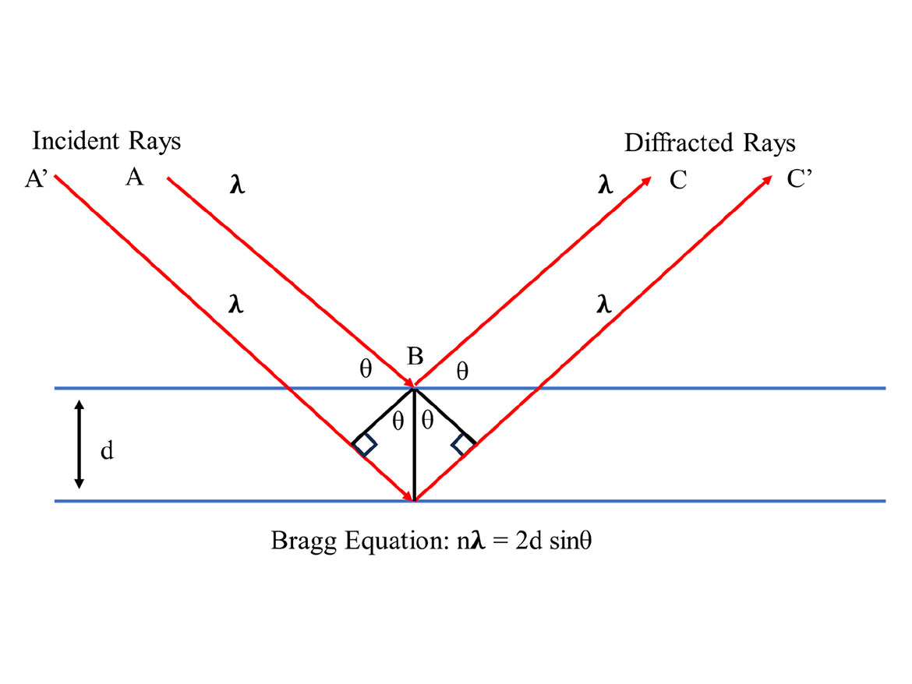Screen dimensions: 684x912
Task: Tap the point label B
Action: coord(415,358)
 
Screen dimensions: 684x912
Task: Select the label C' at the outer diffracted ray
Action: coord(799,179)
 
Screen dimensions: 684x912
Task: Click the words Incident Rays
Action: coord(106,141)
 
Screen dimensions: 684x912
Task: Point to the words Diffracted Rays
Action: coord(709,143)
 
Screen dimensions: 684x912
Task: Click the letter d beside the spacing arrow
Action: coord(107,450)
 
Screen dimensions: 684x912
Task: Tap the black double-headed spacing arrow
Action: coord(79,445)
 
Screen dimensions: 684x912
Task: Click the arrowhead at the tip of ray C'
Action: coord(766,181)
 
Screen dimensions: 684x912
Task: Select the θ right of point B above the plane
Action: coord(462,372)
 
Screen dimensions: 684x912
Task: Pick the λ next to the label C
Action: coord(604,187)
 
